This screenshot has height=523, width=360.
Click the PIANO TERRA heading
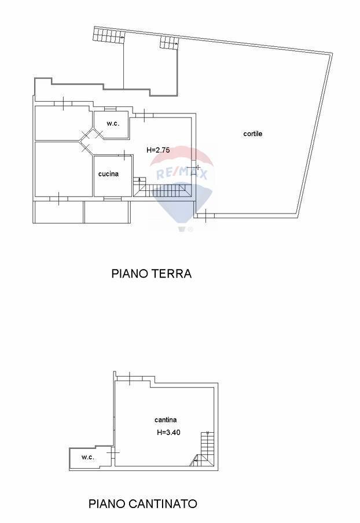click(x=151, y=274)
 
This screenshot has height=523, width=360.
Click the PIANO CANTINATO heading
click(x=142, y=504)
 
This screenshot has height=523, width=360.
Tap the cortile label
click(x=252, y=134)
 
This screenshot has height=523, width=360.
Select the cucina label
click(x=108, y=174)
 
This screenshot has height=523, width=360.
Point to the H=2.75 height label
click(x=158, y=150)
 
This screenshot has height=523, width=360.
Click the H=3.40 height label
click(x=169, y=432)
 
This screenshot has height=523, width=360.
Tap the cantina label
click(x=166, y=420)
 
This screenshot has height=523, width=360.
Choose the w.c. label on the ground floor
click(x=113, y=123)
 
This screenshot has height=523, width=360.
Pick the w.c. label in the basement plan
click(x=87, y=457)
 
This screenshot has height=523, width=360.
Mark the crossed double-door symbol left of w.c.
click(x=91, y=135)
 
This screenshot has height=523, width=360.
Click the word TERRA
click(x=172, y=274)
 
